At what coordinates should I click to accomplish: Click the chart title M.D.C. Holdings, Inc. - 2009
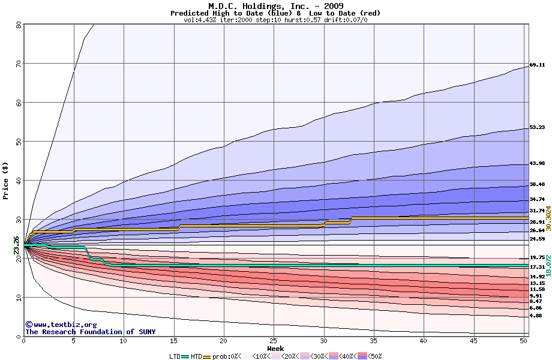click(275, 5)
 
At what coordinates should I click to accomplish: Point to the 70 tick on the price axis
click(18, 63)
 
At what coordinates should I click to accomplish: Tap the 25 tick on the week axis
click(274, 341)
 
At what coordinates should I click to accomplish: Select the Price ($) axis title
click(6, 180)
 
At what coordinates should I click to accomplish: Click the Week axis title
click(275, 348)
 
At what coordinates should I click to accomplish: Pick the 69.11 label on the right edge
click(537, 65)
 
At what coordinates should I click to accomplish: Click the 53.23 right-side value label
click(537, 127)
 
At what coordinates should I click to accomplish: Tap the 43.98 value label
click(537, 164)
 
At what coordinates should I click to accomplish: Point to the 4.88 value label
click(536, 316)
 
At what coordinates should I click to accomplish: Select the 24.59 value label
click(537, 239)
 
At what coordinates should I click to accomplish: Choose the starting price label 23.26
click(16, 245)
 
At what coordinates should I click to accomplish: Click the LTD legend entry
click(175, 356)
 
